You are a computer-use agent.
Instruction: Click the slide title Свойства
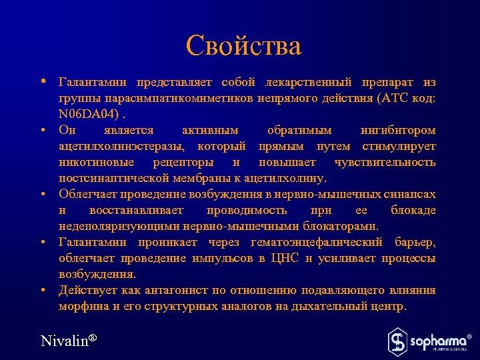click(243, 46)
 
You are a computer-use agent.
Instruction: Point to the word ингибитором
click(398, 130)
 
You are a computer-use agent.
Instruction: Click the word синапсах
click(410, 194)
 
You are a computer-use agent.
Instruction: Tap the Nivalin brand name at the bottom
click(69, 341)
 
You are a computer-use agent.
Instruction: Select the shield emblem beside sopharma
click(397, 341)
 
